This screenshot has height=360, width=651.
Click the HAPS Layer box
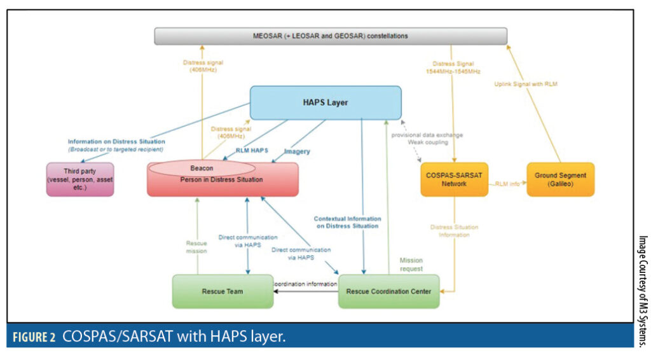click(325, 102)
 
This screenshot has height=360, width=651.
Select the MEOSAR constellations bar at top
click(331, 36)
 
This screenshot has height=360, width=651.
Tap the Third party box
click(80, 179)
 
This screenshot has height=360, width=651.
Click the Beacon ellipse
click(202, 169)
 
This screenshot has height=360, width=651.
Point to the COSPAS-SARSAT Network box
click(454, 179)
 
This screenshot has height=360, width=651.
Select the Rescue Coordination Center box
click(388, 291)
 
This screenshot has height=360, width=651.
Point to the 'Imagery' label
click(297, 151)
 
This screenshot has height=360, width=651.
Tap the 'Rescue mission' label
click(196, 247)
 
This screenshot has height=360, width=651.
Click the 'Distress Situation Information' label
click(454, 230)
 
